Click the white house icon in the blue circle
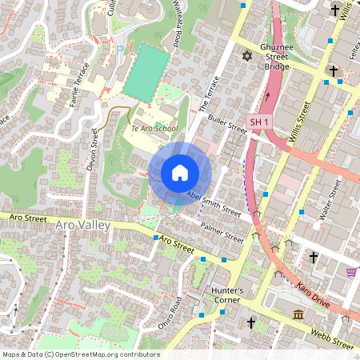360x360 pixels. pos(180,172)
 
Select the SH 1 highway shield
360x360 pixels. pos(258,122)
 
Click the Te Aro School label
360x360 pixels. pos(154,128)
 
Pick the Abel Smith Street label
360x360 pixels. pos(213,203)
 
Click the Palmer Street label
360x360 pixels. pos(222,233)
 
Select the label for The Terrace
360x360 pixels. pos(207,93)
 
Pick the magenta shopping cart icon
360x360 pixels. pos(351,272)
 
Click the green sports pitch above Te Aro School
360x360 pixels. pos(146,71)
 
